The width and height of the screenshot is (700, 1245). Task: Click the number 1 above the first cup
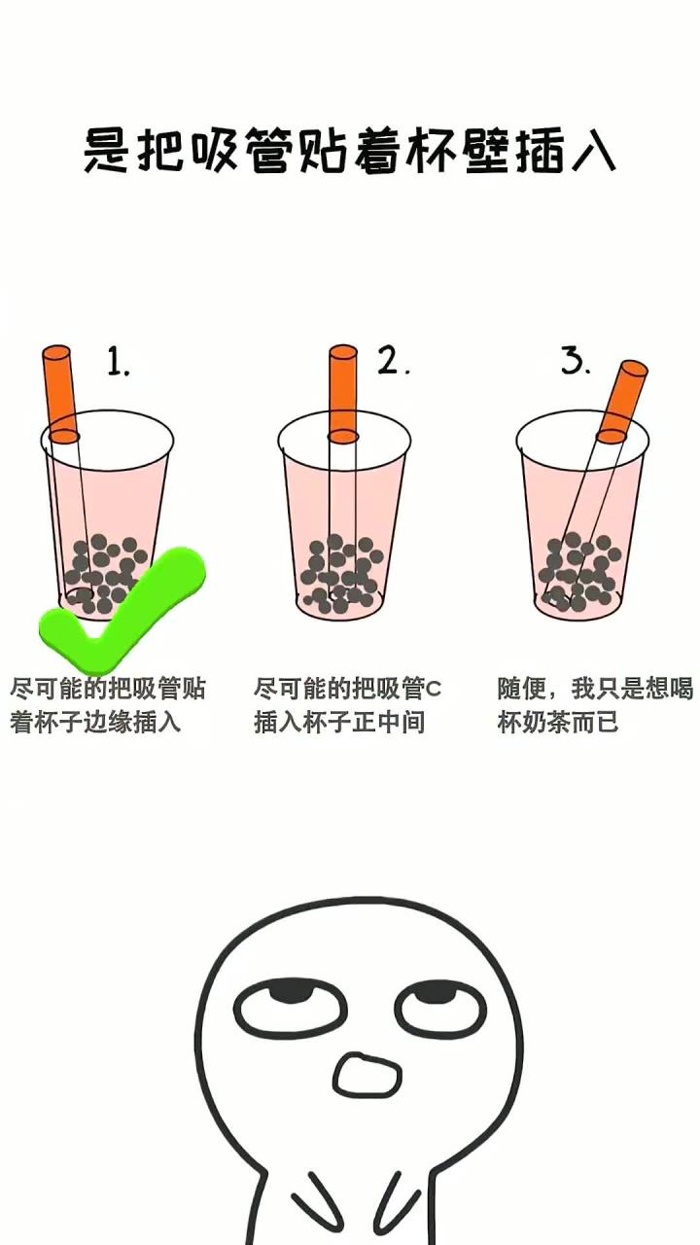click(x=119, y=363)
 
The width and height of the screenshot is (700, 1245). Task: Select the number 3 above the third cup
click(x=576, y=361)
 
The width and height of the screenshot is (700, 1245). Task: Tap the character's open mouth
click(x=367, y=1074)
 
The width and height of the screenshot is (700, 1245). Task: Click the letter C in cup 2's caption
click(x=434, y=690)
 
